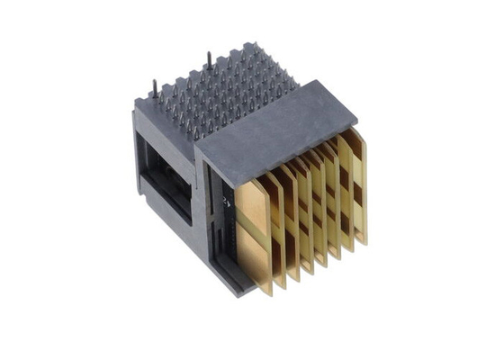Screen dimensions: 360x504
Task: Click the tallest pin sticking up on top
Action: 210,61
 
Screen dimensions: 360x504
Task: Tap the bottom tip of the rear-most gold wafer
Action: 364,243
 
